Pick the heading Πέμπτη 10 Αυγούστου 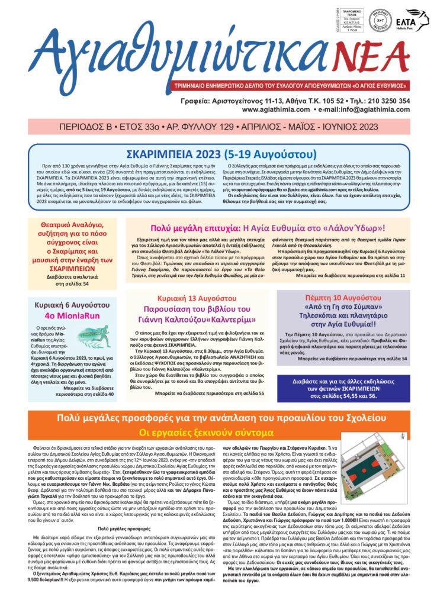pyautogui.click(x=342, y=296)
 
